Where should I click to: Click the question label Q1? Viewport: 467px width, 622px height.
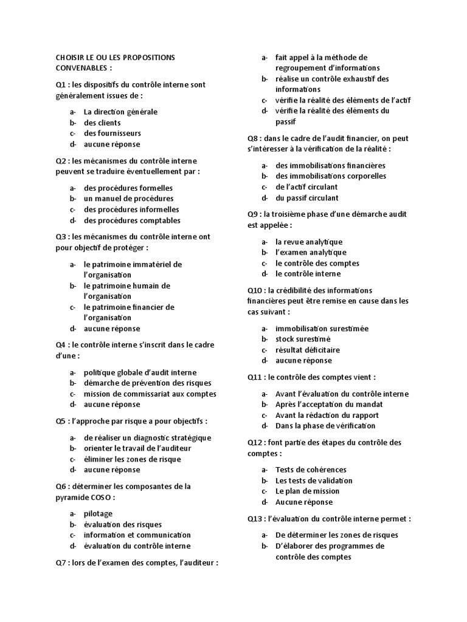[x=60, y=85]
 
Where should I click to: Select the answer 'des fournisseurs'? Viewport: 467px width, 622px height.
[x=112, y=134]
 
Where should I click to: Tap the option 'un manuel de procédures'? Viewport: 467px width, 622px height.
[x=128, y=199]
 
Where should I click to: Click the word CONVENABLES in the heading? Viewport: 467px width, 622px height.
[x=80, y=68]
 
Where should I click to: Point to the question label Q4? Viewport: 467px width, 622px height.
[x=61, y=345]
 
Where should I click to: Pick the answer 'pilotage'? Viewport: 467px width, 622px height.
[x=98, y=514]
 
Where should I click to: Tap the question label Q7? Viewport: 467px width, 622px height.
[x=61, y=563]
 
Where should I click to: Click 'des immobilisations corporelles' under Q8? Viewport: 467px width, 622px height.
[x=331, y=176]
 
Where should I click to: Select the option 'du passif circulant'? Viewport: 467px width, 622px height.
[x=307, y=198]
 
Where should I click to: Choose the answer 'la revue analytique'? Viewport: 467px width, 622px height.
[x=309, y=242]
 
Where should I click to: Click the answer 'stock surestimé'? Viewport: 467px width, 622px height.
[x=303, y=339]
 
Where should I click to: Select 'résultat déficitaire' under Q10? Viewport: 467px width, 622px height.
[x=308, y=350]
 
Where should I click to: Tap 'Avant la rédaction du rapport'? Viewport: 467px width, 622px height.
[x=327, y=415]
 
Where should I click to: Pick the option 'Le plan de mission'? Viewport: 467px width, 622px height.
[x=308, y=491]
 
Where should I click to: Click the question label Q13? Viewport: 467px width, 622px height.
[x=255, y=519]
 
